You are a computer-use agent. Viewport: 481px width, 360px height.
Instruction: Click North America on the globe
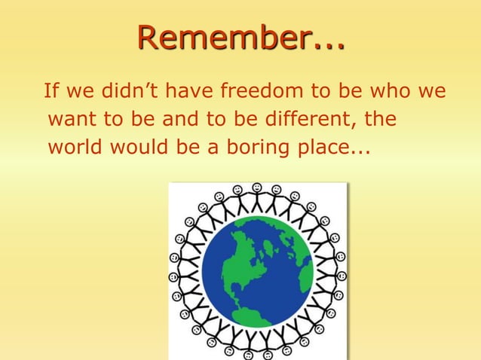pyautogui.click(x=241, y=260)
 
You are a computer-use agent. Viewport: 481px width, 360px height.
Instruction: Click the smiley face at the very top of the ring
pyautogui.click(x=257, y=188)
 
